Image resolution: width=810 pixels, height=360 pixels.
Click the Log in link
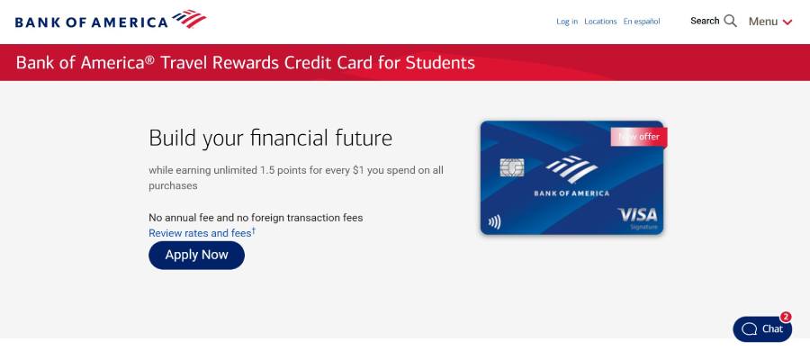point(567,22)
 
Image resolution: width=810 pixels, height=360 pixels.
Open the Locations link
point(600,22)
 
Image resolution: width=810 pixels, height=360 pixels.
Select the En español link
point(642,22)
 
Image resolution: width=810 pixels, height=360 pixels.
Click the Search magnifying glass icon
point(730,21)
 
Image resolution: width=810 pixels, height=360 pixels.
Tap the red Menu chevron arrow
point(787,22)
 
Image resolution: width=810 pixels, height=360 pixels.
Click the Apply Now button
point(196,255)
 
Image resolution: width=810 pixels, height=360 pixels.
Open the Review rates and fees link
point(201,233)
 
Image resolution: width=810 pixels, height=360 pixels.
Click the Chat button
point(761,329)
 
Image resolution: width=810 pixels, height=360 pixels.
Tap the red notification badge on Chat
point(786,317)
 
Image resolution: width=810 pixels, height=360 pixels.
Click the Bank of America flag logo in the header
point(189,19)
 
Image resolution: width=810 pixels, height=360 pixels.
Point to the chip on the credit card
point(511,168)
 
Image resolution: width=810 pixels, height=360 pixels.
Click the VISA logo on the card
point(637,215)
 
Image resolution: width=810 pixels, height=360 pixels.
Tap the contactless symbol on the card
point(494,220)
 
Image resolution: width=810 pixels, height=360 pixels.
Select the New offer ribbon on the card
point(639,137)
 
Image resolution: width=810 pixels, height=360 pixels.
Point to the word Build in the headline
point(172,139)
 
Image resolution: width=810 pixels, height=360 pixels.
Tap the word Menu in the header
point(763,22)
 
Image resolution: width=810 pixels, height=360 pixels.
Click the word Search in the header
point(705,21)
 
